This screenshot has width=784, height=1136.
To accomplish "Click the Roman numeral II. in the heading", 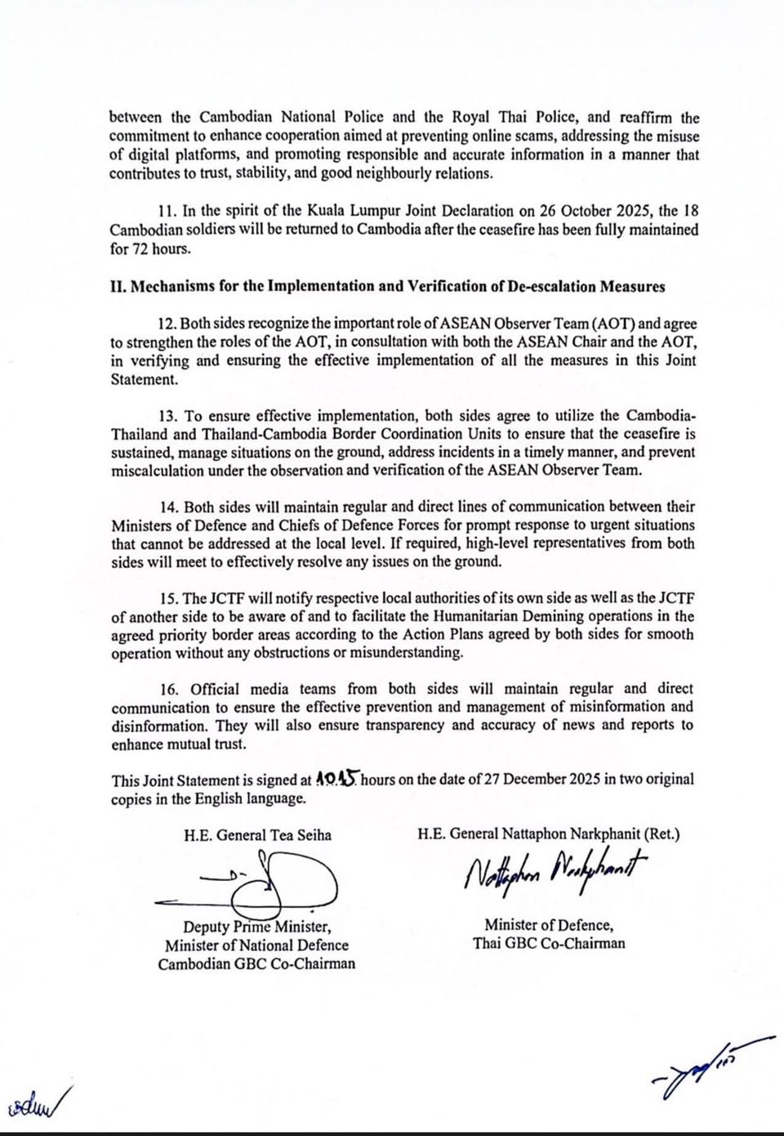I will [x=118, y=287].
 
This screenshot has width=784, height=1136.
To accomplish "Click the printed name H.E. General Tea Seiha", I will [x=258, y=835].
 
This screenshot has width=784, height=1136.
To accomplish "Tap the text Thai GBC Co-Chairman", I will [x=549, y=943].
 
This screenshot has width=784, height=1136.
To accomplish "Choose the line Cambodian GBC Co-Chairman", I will [x=257, y=964].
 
